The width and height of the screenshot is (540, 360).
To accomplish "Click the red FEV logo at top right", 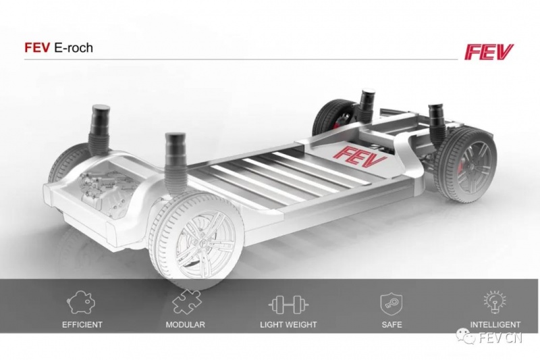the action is (x=489, y=52).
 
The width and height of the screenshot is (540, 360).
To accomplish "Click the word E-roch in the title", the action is (x=74, y=47).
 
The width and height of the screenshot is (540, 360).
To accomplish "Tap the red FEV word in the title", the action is (x=37, y=47).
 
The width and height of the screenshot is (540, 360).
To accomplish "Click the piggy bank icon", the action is (x=81, y=302).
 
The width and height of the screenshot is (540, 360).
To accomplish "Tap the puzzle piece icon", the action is (x=186, y=302).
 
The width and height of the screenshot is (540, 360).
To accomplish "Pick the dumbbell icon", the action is (x=288, y=305).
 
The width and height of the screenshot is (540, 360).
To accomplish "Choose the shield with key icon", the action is (x=391, y=304).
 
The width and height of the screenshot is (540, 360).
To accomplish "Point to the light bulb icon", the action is (x=495, y=302).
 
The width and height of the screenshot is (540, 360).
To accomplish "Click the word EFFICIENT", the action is (x=82, y=324).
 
